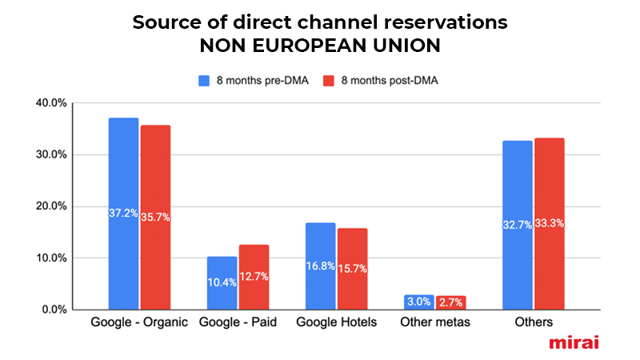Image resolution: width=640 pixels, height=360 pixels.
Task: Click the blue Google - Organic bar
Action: pyautogui.click(x=124, y=214)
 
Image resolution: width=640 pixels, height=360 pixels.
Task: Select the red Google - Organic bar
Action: pyautogui.click(x=155, y=217)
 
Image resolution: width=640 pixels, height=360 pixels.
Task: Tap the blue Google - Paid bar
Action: pyautogui.click(x=222, y=283)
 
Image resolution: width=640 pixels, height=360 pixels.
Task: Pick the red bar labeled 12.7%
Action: pyautogui.click(x=254, y=277)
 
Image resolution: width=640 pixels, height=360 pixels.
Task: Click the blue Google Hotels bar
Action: pyautogui.click(x=321, y=266)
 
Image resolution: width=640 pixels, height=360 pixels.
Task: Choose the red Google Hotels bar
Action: pyautogui.click(x=352, y=269)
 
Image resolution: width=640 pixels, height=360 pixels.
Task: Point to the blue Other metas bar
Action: pyautogui.click(x=419, y=302)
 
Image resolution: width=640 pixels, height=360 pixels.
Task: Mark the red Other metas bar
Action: pyautogui.click(x=451, y=302)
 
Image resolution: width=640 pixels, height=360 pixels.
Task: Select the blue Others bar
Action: pyautogui.click(x=518, y=226)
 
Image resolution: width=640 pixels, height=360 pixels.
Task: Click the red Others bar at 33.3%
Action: pyautogui.click(x=550, y=224)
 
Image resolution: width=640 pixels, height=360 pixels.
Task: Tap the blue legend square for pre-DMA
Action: pyautogui.click(x=204, y=81)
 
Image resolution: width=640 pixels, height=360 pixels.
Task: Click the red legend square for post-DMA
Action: pyautogui.click(x=329, y=81)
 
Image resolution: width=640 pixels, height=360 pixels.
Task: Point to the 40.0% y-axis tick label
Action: pyautogui.click(x=51, y=103)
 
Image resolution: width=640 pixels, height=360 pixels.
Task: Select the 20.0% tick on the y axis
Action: pyautogui.click(x=51, y=206)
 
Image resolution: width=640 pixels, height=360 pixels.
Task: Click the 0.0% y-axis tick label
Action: pyautogui.click(x=54, y=310)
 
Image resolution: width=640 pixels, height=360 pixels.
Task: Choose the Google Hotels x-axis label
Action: pyautogui.click(x=336, y=322)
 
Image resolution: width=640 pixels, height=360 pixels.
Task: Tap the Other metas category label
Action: pyautogui.click(x=435, y=322)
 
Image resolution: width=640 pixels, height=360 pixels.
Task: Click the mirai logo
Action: pyautogui.click(x=574, y=342)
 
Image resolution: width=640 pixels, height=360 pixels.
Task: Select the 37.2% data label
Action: pyautogui.click(x=123, y=213)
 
